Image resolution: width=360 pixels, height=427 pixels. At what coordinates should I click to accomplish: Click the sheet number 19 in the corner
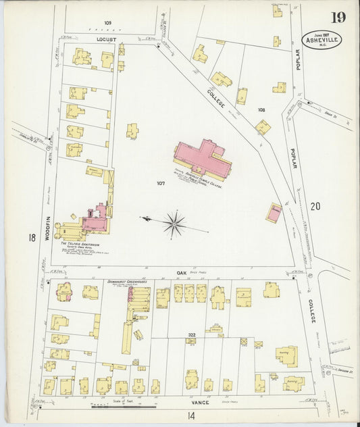tap(338, 17)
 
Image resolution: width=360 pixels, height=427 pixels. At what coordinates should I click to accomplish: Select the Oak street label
tap(181, 272)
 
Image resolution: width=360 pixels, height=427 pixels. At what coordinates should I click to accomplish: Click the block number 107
tap(160, 183)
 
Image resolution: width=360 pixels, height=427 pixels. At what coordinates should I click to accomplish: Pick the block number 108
tap(261, 109)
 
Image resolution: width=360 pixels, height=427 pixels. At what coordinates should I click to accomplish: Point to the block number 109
tap(107, 23)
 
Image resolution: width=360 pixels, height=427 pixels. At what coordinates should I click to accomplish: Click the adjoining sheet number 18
tap(32, 237)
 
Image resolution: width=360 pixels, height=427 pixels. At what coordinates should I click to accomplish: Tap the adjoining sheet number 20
tap(315, 206)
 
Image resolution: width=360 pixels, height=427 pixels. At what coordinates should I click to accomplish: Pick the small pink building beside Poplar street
tap(274, 214)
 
